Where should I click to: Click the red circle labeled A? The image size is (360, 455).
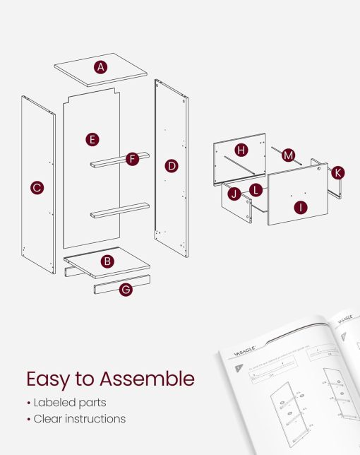101,67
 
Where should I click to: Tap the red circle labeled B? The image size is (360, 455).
107,261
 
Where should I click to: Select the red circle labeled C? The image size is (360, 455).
37,188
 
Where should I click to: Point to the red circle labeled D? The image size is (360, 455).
171,166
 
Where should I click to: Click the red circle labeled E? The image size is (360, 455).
92,139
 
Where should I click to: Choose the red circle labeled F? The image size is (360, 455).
132,160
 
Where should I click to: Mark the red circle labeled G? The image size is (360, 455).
126,289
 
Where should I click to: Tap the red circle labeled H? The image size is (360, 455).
241,150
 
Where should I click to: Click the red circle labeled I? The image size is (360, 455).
302,208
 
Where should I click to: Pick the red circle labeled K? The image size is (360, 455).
338,172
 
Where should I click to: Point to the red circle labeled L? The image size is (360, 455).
256,190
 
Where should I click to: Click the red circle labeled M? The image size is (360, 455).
288,155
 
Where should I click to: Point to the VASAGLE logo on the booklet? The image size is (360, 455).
241,348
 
